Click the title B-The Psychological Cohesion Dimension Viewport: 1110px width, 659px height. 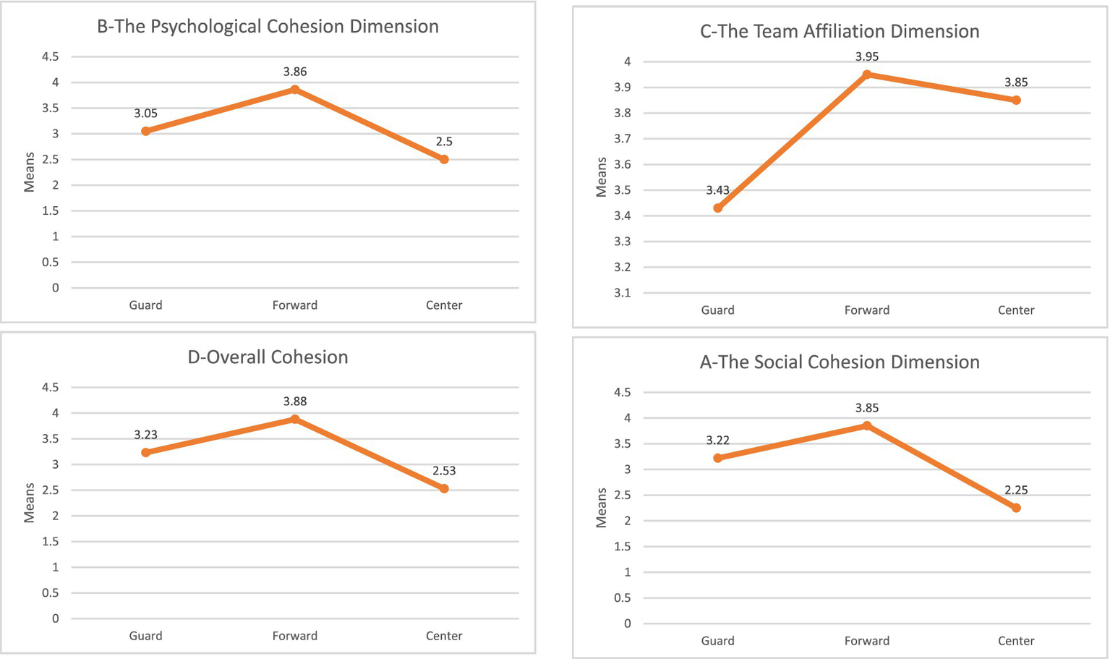click(268, 27)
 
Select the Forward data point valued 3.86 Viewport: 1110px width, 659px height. click(295, 90)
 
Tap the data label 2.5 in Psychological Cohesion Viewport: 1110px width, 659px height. click(444, 142)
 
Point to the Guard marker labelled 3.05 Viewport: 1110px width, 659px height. click(146, 131)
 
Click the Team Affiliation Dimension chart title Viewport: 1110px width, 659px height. click(840, 32)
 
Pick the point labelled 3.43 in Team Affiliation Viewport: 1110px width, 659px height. click(718, 208)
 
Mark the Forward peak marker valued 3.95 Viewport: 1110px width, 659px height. click(867, 75)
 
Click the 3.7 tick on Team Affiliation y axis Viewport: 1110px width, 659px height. click(622, 139)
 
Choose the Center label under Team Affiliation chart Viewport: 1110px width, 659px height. click(1016, 310)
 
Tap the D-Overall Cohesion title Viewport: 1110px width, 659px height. click(268, 357)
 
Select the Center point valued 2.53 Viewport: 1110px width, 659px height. click(444, 489)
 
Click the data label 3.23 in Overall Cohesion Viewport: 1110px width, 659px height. click(145, 435)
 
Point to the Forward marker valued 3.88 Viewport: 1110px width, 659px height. click(295, 419)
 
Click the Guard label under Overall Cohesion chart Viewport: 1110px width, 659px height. click(145, 636)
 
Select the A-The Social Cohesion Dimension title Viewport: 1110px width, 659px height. click(840, 362)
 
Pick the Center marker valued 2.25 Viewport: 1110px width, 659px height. click(1016, 508)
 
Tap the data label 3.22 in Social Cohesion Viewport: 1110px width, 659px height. click(717, 441)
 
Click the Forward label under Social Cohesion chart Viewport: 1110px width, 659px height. click(867, 641)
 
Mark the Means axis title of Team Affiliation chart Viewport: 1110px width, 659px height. click(602, 177)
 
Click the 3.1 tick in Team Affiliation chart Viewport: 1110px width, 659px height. click(622, 293)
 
